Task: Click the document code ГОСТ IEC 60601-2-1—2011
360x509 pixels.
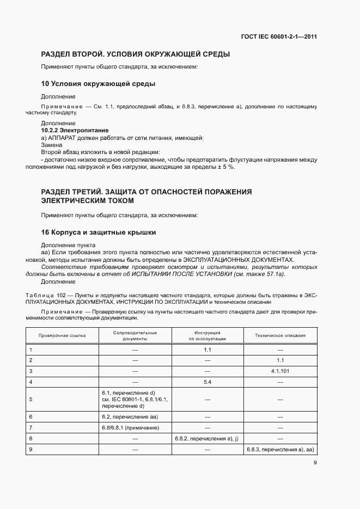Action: click(x=279, y=37)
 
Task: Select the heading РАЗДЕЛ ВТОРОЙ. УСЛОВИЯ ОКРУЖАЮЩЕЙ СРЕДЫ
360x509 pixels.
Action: click(x=136, y=54)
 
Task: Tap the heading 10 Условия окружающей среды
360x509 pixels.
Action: click(x=99, y=84)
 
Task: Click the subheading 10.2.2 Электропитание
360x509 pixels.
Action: click(x=75, y=131)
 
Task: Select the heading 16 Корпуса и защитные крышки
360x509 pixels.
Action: click(x=99, y=232)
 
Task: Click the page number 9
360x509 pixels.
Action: click(x=315, y=463)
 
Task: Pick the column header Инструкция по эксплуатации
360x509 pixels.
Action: click(x=207, y=335)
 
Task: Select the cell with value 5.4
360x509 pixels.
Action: click(x=207, y=382)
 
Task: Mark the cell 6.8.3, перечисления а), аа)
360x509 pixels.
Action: click(x=280, y=450)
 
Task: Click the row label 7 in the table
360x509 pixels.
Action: click(x=31, y=427)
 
